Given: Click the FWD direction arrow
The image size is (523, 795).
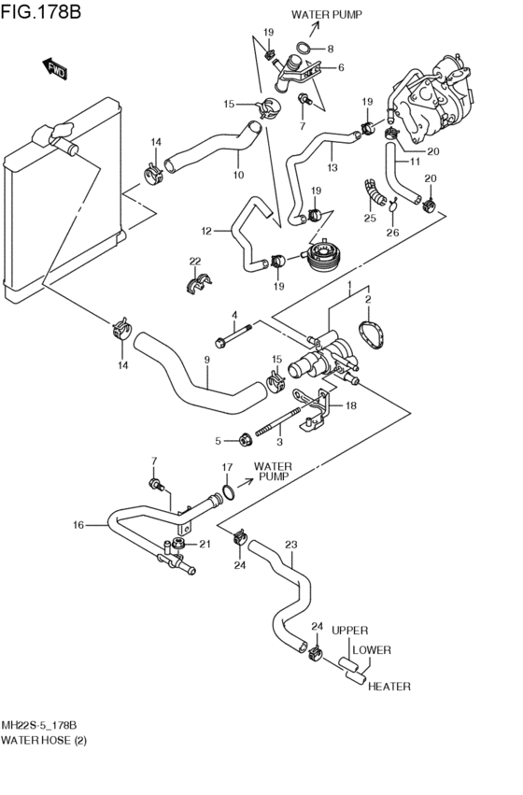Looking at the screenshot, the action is tap(55, 68).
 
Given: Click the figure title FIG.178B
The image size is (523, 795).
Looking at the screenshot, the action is tap(40, 11).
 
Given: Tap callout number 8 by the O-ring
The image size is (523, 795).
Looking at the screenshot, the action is tap(331, 50).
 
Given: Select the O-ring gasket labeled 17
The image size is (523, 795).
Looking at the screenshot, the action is tap(228, 491).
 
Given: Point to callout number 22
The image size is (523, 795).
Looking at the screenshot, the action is tap(195, 262).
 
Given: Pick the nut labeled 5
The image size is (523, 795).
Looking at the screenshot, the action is tap(246, 440).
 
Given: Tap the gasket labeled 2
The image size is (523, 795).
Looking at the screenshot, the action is tap(372, 334).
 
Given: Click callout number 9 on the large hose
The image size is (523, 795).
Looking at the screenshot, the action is tap(206, 360).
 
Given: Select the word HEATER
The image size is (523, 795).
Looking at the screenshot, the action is tap(389, 687).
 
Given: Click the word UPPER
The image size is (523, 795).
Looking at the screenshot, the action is tap(349, 631).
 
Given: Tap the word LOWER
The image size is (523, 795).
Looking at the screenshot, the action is tap(372, 650).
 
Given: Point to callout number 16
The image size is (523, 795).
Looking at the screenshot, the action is tap(78, 525).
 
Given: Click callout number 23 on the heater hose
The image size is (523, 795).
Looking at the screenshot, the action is tap(290, 545).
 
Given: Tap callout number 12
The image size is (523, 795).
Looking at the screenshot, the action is tap(206, 231).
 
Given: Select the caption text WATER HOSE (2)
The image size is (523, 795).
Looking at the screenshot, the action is tap(44, 740).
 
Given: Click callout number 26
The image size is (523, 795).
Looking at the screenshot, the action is tap(393, 233).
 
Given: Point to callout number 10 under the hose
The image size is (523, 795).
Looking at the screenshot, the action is tap(238, 175).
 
